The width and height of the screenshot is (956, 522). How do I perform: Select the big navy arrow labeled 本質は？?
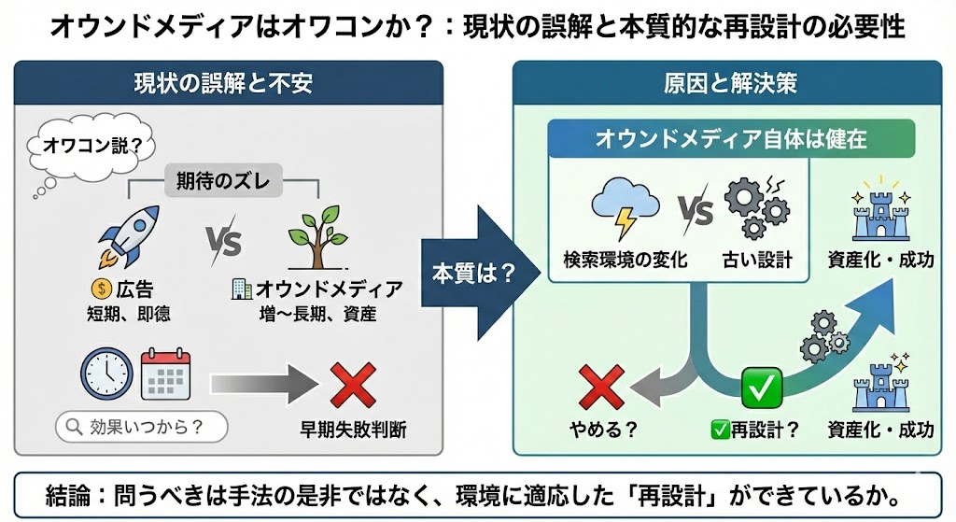coord(475,274)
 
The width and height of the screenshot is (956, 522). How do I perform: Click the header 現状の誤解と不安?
coord(229,83)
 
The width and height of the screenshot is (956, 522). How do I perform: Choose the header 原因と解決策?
coord(730,83)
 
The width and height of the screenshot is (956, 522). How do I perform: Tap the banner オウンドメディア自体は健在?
coord(731,140)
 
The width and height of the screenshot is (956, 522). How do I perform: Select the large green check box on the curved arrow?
coord(761,387)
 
